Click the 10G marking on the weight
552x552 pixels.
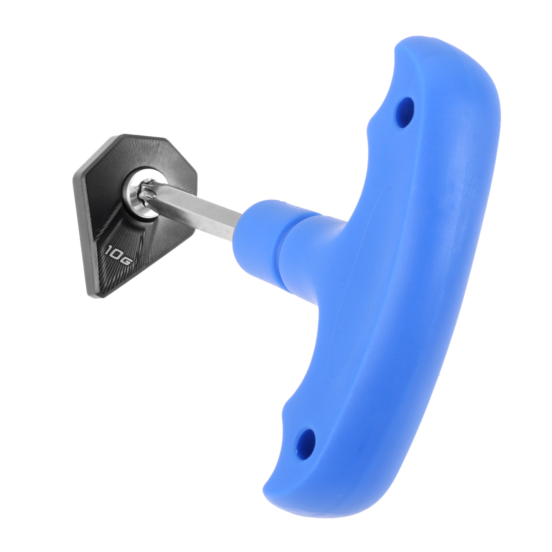pyautogui.click(x=118, y=255)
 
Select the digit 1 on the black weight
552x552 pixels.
pyautogui.click(x=108, y=249)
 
